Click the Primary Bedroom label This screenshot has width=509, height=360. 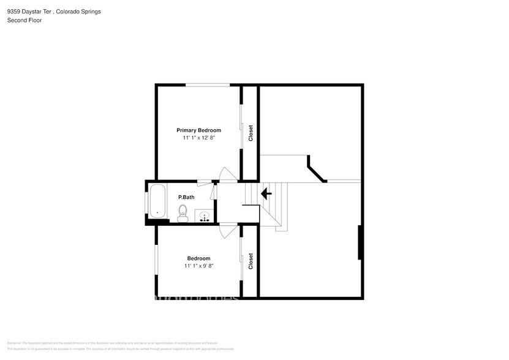point(198,130)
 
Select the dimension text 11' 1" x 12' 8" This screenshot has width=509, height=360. point(198,138)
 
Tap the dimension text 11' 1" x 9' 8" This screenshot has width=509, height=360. point(198,266)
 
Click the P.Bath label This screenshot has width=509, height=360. point(186,197)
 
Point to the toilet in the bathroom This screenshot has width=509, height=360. point(183,212)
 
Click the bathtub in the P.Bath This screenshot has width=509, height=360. point(157,201)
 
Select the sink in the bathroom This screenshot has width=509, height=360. point(204,216)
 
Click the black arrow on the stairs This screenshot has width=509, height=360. point(266,194)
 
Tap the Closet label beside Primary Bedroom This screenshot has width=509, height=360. point(251,133)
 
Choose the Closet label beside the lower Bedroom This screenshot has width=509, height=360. point(251,261)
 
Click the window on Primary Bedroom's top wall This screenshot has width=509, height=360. point(208,84)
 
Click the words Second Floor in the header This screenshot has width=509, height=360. point(20,20)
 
